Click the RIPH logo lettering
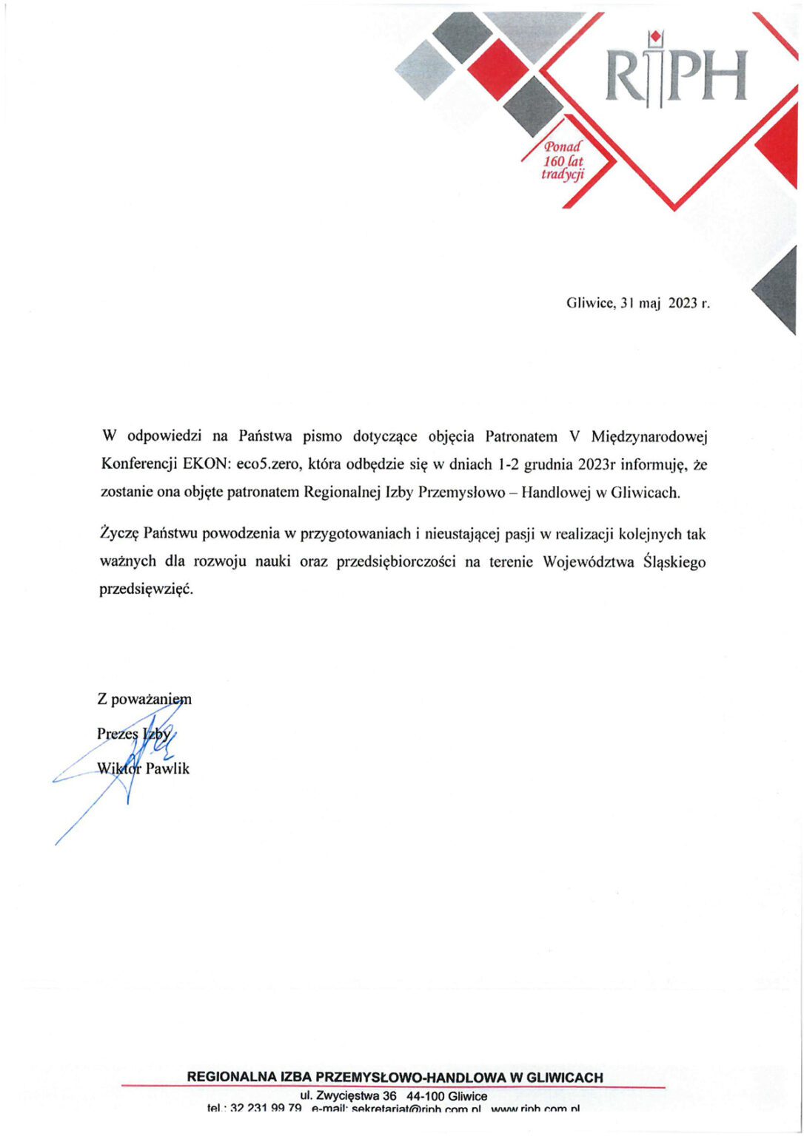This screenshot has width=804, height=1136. tap(675, 75)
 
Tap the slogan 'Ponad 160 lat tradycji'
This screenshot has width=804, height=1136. tap(563, 161)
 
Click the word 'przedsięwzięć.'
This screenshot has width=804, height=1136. tap(145, 590)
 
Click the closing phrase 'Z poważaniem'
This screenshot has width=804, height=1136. tap(144, 699)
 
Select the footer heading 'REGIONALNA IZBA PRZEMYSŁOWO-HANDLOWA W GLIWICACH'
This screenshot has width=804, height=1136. tap(395, 1078)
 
